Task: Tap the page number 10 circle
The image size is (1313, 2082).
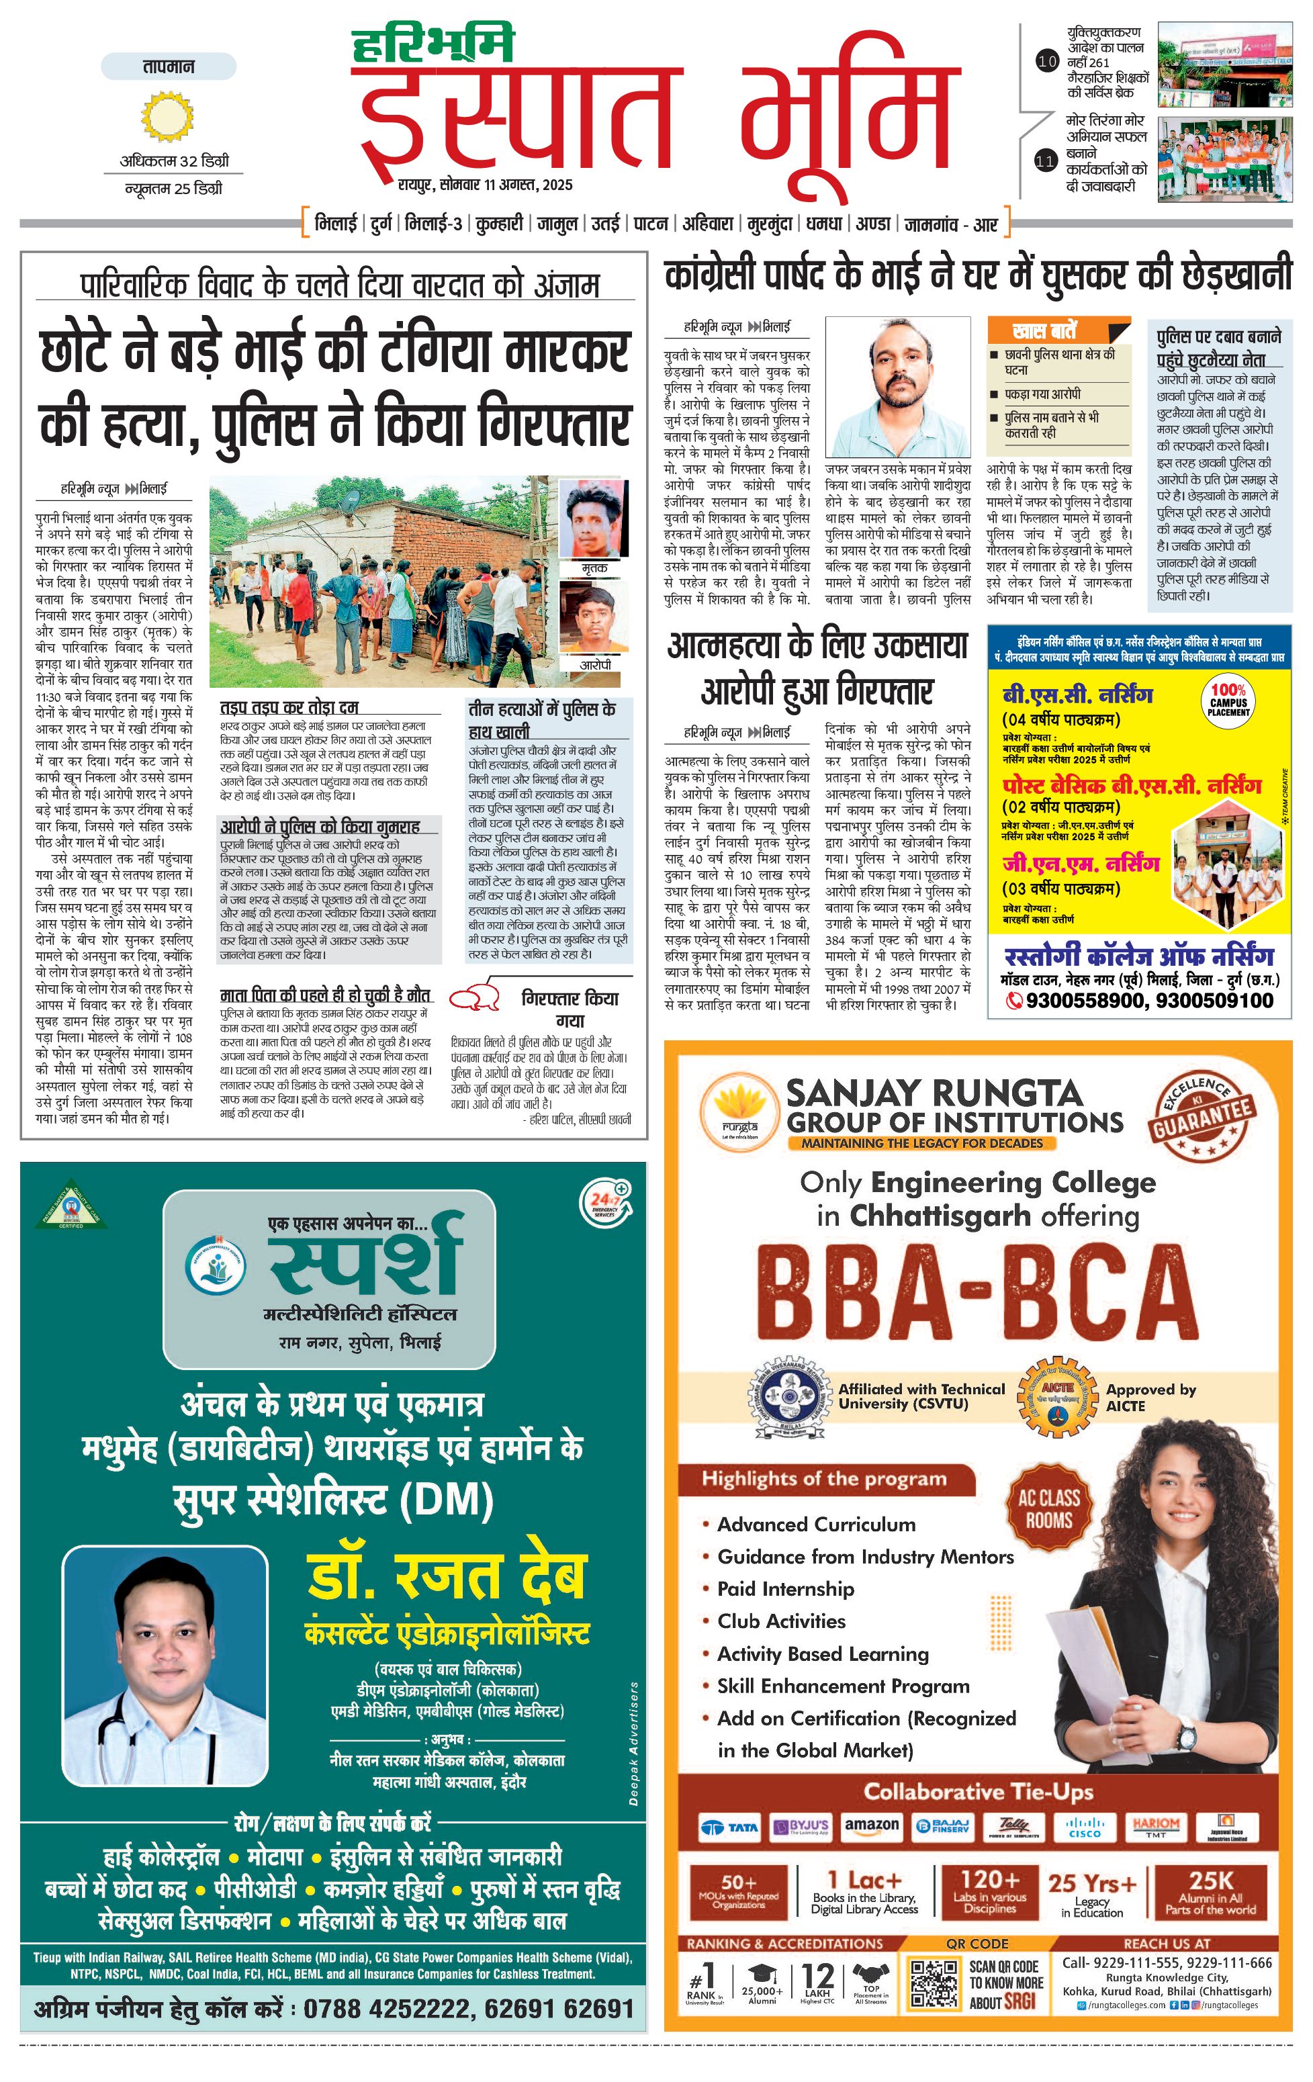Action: click(x=1047, y=61)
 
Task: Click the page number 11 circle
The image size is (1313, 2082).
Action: click(x=1046, y=160)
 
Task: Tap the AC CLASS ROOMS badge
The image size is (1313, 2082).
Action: click(x=1048, y=1508)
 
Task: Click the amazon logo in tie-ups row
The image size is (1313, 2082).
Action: click(x=871, y=1825)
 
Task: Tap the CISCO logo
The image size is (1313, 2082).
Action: click(x=1084, y=1827)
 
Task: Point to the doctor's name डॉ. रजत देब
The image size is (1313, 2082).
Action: click(x=447, y=1576)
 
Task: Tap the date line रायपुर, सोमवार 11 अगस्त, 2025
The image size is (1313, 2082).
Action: click(x=485, y=184)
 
